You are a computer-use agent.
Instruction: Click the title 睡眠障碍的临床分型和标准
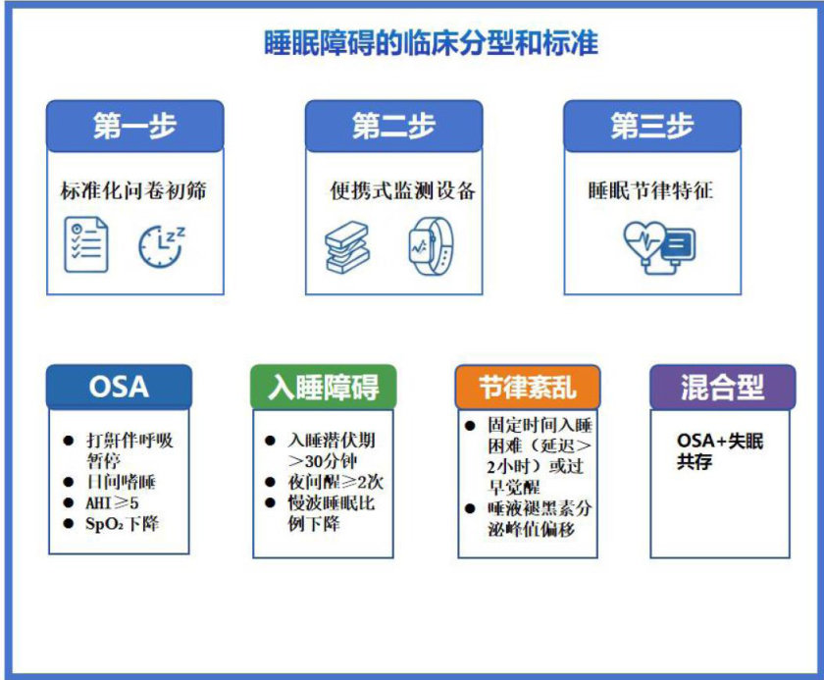[431, 43]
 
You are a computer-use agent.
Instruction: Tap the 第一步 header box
[135, 127]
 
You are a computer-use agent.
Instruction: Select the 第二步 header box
[393, 127]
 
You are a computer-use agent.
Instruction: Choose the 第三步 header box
[652, 127]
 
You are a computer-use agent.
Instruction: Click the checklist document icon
[86, 244]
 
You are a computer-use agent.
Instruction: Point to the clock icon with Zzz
[161, 246]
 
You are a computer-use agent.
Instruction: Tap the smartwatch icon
[431, 246]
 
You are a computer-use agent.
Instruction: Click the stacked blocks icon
[347, 247]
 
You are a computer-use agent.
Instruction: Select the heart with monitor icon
[659, 247]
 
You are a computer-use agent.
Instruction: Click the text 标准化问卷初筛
[133, 190]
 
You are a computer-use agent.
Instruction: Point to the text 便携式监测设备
[402, 190]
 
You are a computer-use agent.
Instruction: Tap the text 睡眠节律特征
[650, 190]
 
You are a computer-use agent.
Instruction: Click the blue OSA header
[120, 387]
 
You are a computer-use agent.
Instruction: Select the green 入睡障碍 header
[323, 387]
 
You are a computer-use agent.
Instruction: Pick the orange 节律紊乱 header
[528, 387]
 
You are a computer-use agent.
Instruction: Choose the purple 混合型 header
[723, 387]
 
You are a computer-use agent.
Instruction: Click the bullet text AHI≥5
[112, 503]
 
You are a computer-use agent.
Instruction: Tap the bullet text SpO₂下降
[122, 524]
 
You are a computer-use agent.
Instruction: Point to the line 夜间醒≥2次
[335, 482]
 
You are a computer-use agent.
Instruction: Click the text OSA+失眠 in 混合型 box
[720, 441]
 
